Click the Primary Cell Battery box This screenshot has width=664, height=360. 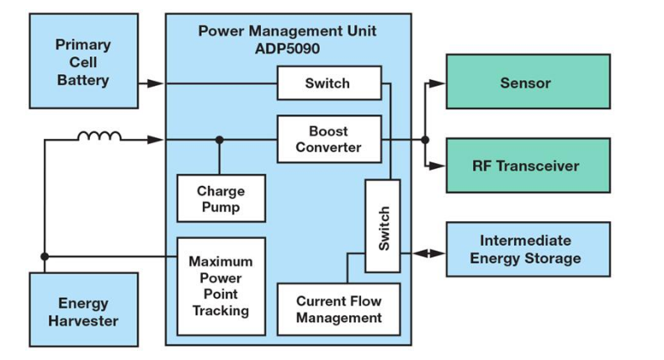click(83, 61)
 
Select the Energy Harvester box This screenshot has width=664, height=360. click(83, 310)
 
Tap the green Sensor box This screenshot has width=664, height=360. click(528, 82)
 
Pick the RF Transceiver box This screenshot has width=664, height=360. click(528, 166)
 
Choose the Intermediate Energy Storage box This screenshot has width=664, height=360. click(528, 250)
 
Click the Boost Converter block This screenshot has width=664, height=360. click(329, 139)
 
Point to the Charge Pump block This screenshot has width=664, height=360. click(221, 199)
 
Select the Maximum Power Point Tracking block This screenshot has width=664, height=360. click(221, 286)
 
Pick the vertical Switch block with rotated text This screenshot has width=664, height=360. click(383, 225)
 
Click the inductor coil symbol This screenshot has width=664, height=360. click(98, 135)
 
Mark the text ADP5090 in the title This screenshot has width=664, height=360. click(287, 47)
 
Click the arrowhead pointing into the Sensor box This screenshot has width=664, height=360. click(437, 83)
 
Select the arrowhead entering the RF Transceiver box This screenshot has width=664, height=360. click(437, 166)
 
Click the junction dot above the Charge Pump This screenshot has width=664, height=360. click(220, 140)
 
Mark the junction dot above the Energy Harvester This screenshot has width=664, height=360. click(44, 256)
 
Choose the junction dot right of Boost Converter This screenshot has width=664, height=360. click(425, 140)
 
